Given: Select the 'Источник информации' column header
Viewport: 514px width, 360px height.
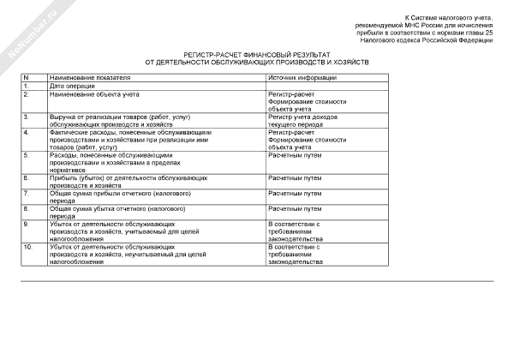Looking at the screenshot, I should click(x=302, y=77).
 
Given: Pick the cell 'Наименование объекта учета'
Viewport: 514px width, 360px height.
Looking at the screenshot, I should click(x=93, y=93).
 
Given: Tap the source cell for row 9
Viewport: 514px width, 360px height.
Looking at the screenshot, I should click(x=296, y=231).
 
